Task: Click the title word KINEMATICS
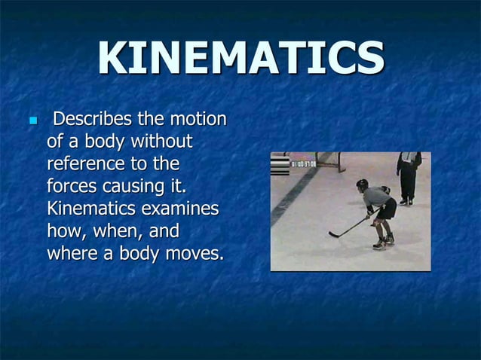tap(240, 59)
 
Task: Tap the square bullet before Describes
tap(31, 121)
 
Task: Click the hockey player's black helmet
tap(362, 184)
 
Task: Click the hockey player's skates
tap(384, 243)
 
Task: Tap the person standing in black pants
tap(408, 178)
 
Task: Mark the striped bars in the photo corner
tap(280, 165)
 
